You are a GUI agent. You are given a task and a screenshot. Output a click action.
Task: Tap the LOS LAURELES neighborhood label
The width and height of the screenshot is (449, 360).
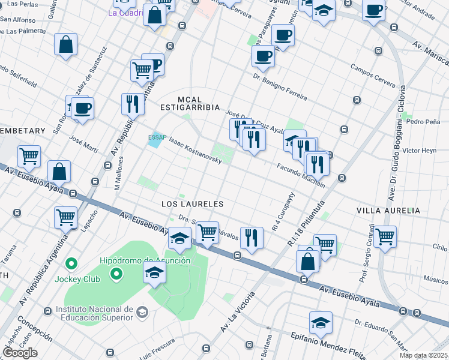point(193,204)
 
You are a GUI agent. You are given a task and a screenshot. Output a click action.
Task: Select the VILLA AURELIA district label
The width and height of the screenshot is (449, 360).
point(388,211)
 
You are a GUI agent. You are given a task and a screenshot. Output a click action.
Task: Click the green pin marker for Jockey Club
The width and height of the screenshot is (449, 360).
point(71,263)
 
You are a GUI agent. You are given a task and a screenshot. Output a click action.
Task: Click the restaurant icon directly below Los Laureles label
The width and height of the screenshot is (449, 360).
point(251,237)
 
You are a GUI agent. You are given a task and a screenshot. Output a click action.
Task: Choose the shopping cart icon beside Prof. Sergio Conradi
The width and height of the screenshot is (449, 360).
point(384,236)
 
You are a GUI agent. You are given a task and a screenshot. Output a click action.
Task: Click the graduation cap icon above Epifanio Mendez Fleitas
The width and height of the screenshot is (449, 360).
point(321,323)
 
